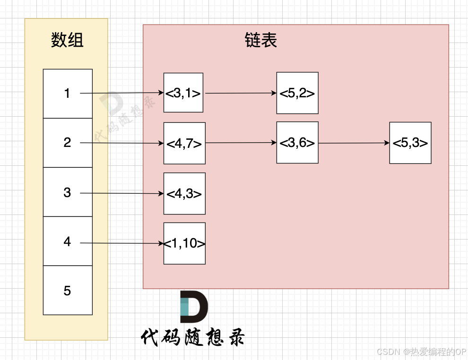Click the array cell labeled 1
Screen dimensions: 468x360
point(68,94)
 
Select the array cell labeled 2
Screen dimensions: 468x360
point(68,143)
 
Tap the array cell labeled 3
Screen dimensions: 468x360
point(68,192)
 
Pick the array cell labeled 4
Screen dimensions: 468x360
point(68,241)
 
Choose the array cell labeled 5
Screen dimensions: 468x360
point(68,290)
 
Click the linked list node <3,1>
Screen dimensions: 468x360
point(183,93)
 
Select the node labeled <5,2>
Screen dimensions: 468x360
point(297,93)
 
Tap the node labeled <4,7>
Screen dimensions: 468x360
point(184,143)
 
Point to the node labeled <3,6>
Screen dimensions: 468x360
point(297,143)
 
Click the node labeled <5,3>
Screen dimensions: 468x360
point(410,143)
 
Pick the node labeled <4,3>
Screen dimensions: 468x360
point(184,194)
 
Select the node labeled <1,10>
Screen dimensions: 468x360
point(184,243)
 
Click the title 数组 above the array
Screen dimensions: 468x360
point(67,40)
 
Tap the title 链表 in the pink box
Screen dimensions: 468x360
point(261,40)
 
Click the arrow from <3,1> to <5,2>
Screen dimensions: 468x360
point(241,93)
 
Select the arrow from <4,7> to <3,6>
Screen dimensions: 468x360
point(241,143)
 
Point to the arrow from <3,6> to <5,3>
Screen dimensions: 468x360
point(354,143)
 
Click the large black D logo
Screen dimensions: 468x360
point(194,307)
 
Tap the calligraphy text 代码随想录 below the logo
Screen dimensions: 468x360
point(193,337)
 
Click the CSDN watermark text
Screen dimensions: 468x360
point(421,352)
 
